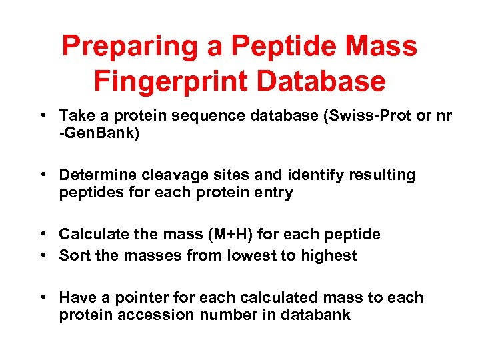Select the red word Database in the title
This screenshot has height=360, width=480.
[x=321, y=81]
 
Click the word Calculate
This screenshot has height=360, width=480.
[x=91, y=234]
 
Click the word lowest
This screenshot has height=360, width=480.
[x=237, y=255]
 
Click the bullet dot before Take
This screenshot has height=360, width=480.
[x=43, y=115]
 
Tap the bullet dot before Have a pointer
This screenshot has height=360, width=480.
[x=43, y=297]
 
